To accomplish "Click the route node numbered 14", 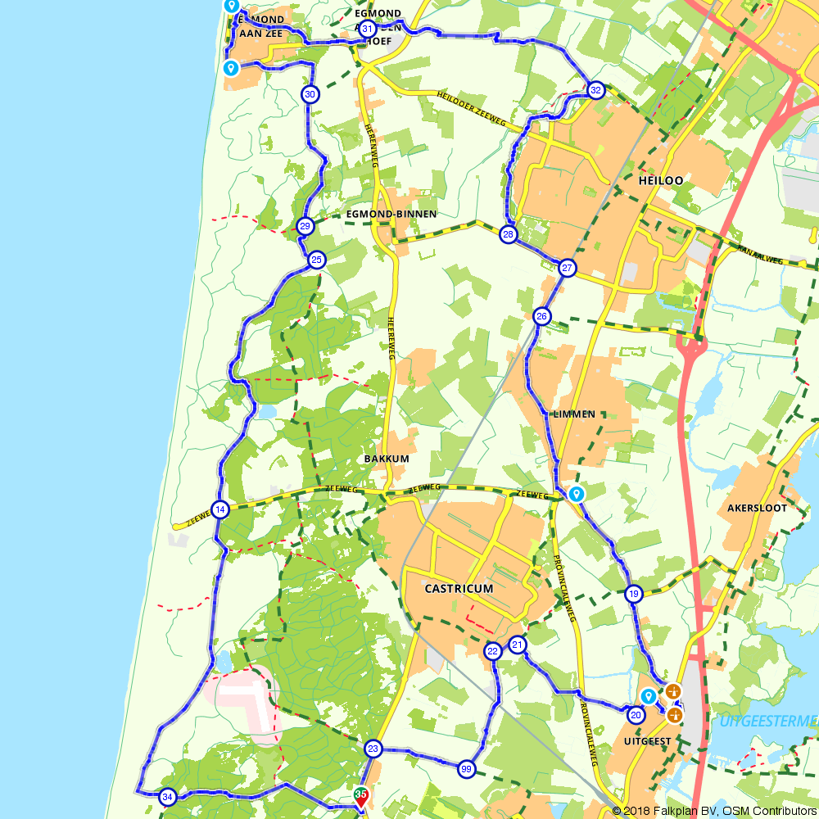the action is coord(219,510).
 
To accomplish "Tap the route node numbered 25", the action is coord(317,260).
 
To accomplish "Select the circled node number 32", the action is coord(595,90).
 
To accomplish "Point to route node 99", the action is coord(467,768).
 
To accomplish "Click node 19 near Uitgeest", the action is coord(633,594).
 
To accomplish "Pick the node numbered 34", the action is coord(168,796).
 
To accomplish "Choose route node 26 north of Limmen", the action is coord(541,316).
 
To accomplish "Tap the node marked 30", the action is coord(310,94).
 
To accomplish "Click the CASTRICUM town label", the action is coord(459,589).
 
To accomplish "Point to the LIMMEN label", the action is coord(573,414).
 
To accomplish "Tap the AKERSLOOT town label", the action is coord(757,508).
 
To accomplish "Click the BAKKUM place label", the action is coord(387,459).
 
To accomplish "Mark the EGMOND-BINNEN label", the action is coord(391,214).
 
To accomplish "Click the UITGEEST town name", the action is coord(647,742).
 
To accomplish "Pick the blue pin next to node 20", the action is coord(648,696).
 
